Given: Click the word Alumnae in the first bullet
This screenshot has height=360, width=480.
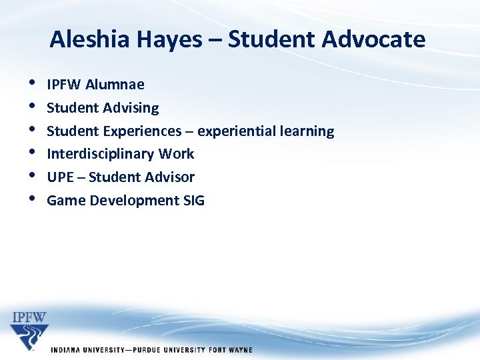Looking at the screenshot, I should tap(115, 85).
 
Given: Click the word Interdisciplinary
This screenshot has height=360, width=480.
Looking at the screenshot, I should tap(101, 154).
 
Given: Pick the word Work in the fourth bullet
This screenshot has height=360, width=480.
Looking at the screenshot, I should tap(177, 154).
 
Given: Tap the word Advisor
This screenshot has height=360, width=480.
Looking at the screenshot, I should tap(169, 177).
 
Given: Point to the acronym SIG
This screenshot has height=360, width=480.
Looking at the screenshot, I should tap(193, 201).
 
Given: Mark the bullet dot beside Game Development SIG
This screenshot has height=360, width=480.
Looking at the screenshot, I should tap(33, 200).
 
